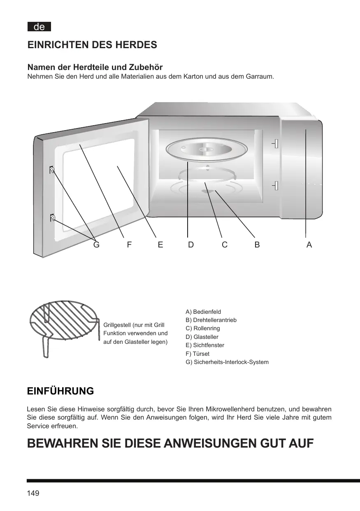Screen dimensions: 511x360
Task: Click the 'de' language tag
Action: click(39, 27)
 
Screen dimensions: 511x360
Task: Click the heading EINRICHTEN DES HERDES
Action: click(92, 45)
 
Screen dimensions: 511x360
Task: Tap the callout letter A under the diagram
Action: click(309, 245)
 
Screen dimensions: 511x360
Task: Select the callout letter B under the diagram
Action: click(257, 245)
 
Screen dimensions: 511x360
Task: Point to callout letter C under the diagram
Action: click(225, 245)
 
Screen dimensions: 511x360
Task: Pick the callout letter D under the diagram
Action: click(191, 245)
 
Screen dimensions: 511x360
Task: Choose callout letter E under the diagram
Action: click(160, 245)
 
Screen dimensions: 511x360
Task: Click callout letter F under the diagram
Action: click(129, 245)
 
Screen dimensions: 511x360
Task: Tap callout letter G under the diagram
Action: click(96, 245)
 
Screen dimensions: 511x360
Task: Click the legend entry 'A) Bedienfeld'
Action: click(203, 312)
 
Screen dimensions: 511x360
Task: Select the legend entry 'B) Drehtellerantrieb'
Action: click(211, 320)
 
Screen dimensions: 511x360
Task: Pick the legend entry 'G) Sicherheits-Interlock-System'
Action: click(227, 362)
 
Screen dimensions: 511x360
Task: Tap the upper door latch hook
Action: click(52, 170)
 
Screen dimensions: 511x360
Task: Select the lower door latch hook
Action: click(52, 218)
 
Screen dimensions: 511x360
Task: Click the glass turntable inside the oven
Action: click(207, 150)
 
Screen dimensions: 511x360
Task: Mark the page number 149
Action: click(33, 493)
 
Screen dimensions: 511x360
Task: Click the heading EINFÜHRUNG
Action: click(60, 391)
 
